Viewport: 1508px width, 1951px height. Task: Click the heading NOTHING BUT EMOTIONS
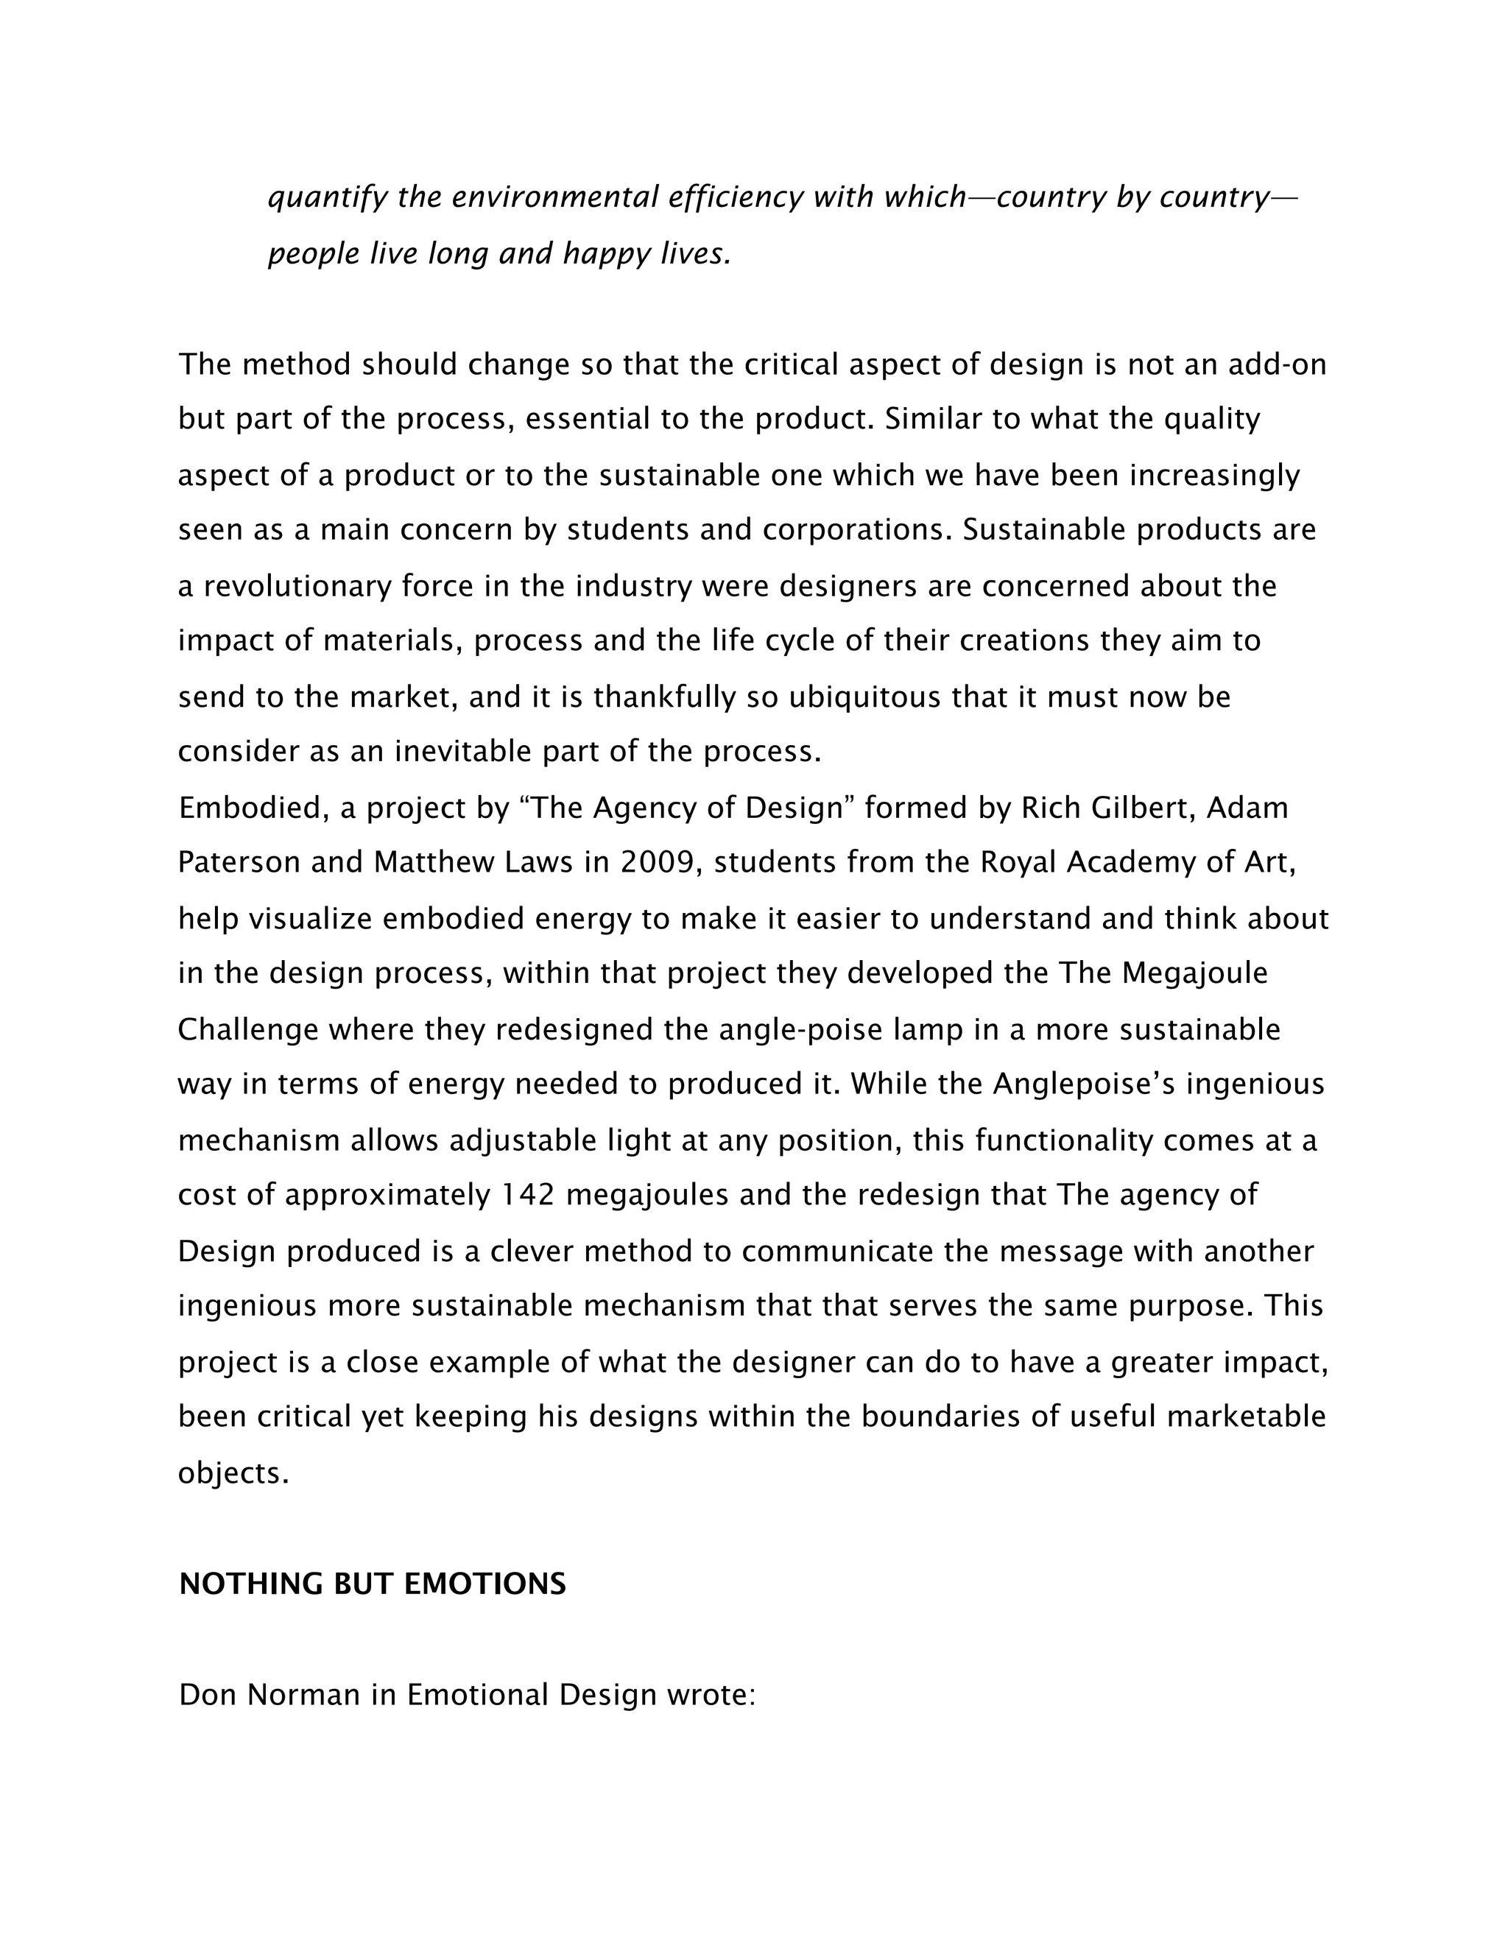click(x=372, y=1583)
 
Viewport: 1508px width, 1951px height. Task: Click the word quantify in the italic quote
click(x=328, y=197)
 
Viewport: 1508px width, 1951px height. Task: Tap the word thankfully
click(x=663, y=696)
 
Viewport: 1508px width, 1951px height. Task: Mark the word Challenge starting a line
click(x=247, y=1029)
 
